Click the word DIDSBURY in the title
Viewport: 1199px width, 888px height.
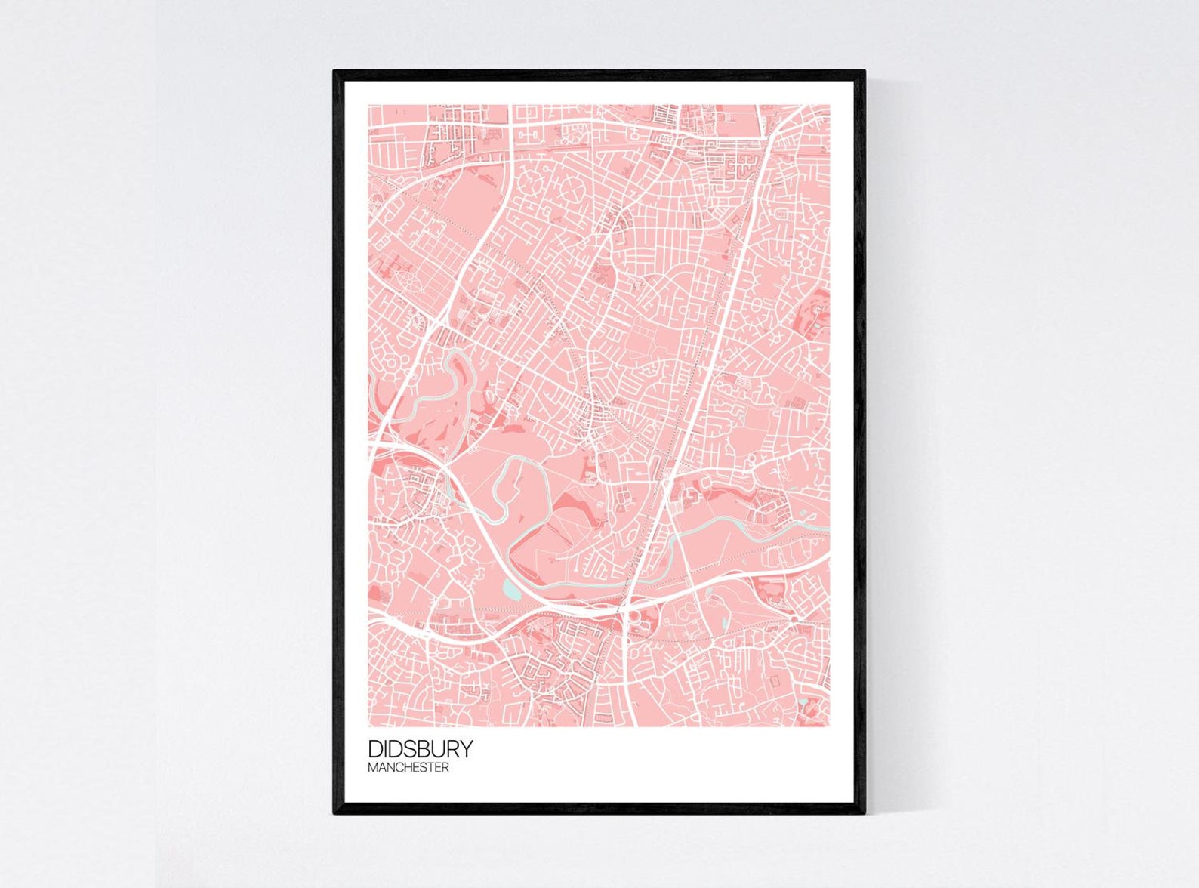click(x=421, y=749)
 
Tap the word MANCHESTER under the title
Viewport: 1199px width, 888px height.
click(x=408, y=768)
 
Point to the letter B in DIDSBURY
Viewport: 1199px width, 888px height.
click(x=428, y=749)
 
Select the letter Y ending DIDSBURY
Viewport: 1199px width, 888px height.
click(x=467, y=749)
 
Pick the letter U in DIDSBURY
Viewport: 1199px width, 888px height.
click(x=441, y=749)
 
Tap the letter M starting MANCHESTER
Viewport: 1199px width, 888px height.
click(x=372, y=768)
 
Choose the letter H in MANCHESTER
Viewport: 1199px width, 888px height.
click(x=409, y=768)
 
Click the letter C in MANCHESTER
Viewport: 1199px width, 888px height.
click(x=401, y=768)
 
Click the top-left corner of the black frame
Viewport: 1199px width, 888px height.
click(x=334, y=71)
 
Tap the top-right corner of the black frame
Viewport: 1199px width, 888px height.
click(x=864, y=71)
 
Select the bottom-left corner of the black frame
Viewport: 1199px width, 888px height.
click(x=334, y=813)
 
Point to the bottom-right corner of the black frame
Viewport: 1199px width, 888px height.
click(x=864, y=813)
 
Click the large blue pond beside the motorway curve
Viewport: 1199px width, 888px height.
click(x=512, y=589)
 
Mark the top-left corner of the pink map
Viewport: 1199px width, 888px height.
click(x=368, y=105)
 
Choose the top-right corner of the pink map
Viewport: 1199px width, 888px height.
click(x=830, y=105)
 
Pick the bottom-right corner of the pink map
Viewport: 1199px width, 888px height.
click(x=830, y=727)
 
